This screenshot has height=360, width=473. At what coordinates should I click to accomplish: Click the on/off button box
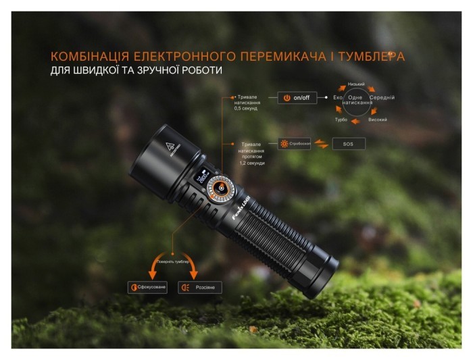coord(297,97)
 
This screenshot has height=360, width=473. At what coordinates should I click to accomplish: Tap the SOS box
coord(349,143)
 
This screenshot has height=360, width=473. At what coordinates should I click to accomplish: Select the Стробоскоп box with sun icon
coord(295,143)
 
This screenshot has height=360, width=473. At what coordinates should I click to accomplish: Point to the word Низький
coord(356,84)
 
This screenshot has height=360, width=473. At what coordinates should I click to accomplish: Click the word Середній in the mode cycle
coord(382,98)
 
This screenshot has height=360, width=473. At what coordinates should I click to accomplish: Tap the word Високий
coord(377,119)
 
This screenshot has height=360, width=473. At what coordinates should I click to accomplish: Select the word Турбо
coord(341,119)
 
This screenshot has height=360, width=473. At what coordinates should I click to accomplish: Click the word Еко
coord(338,99)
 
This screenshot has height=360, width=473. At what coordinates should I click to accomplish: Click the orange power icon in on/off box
coord(287,97)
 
